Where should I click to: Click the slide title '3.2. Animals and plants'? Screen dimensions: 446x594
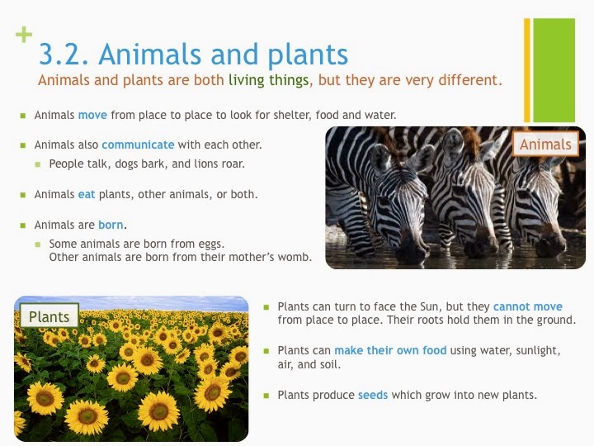click(x=193, y=55)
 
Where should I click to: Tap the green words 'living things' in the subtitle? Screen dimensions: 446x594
click(x=268, y=81)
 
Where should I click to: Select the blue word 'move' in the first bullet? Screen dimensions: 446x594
click(x=92, y=115)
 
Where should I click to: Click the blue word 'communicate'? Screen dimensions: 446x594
click(x=138, y=145)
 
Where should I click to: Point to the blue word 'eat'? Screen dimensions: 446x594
click(x=87, y=195)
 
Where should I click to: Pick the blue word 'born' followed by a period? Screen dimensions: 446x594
click(x=111, y=225)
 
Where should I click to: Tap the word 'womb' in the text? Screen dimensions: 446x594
click(x=293, y=257)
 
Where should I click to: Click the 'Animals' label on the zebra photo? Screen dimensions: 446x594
click(x=545, y=145)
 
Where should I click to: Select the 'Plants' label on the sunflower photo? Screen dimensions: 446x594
click(x=49, y=316)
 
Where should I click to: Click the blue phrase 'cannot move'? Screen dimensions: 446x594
click(x=529, y=306)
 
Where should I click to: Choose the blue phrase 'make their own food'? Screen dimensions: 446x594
click(x=390, y=350)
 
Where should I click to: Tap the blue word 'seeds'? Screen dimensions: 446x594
click(x=373, y=395)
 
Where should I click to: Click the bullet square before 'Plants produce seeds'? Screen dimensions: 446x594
click(x=266, y=396)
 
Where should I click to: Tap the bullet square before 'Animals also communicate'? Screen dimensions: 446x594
click(x=23, y=145)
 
